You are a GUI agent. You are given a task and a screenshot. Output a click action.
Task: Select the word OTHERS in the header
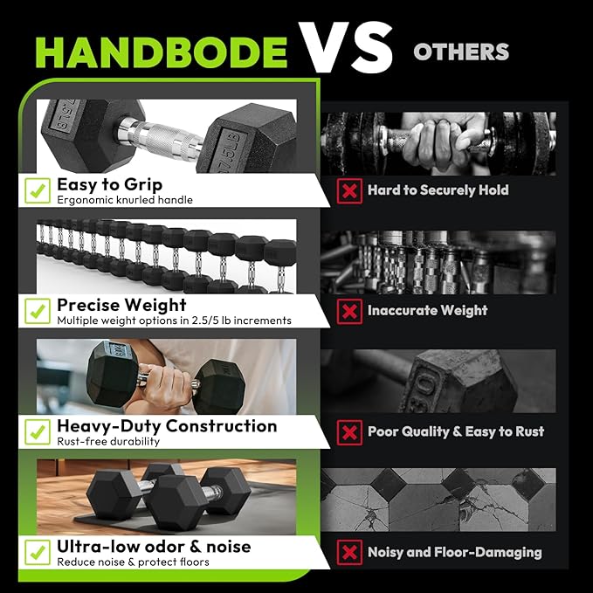click(x=461, y=52)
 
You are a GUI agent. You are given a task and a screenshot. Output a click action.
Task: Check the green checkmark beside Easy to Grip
click(x=37, y=190)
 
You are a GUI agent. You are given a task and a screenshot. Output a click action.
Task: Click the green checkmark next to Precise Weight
click(x=37, y=311)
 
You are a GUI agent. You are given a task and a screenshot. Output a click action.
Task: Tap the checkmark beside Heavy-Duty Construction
click(x=37, y=431)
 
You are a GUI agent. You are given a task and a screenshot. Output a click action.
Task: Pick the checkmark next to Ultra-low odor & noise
click(x=37, y=552)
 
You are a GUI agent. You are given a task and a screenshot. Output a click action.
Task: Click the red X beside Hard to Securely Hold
click(x=349, y=190)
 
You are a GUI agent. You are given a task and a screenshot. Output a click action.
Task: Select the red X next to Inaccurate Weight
click(x=349, y=311)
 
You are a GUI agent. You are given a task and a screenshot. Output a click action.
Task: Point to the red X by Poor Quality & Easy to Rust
click(x=349, y=431)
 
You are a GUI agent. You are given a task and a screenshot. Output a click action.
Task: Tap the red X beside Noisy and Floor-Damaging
click(x=349, y=552)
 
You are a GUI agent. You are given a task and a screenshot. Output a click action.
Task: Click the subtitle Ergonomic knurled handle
click(x=125, y=200)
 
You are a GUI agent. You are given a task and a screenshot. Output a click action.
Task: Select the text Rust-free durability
click(x=108, y=441)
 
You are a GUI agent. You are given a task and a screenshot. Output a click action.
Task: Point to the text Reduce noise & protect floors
click(x=133, y=562)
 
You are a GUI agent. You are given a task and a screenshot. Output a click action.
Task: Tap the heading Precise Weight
click(x=121, y=305)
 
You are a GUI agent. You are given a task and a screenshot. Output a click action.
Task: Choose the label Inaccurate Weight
click(x=427, y=311)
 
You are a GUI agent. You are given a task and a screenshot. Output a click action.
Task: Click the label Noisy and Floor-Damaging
click(x=454, y=552)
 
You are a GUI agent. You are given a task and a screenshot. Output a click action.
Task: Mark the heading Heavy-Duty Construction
click(x=167, y=425)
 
